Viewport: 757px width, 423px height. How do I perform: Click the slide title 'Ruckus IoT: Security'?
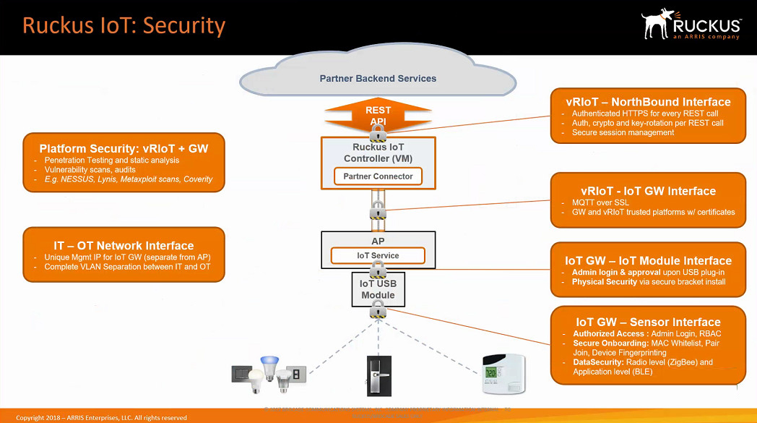click(x=124, y=26)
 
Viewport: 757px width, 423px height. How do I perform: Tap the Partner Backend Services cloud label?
click(x=378, y=78)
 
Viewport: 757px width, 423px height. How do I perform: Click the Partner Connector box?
click(x=378, y=176)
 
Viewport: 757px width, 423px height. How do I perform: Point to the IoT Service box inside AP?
click(x=378, y=255)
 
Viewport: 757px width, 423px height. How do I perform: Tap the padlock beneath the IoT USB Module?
click(x=378, y=312)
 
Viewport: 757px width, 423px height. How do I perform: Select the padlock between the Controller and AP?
click(x=378, y=210)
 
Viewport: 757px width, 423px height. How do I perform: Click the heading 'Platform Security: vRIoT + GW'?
click(x=124, y=149)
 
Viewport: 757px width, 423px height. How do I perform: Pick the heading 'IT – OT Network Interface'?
click(x=124, y=246)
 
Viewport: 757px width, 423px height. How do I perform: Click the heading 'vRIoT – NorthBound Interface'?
click(x=647, y=102)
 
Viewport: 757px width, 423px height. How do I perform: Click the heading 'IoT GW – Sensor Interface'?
click(x=648, y=322)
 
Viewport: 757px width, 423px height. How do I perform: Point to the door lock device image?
click(x=378, y=374)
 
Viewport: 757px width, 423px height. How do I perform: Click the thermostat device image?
click(x=503, y=374)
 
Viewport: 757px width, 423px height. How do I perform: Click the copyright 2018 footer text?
click(x=101, y=418)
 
